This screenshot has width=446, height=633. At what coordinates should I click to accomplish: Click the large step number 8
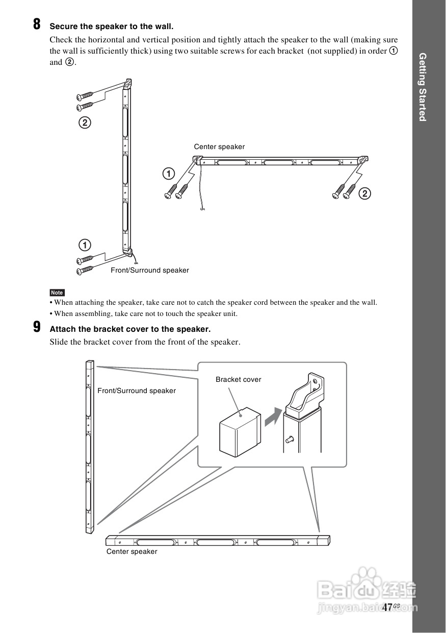click(x=37, y=25)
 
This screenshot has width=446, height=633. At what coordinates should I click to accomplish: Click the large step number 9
click(x=37, y=327)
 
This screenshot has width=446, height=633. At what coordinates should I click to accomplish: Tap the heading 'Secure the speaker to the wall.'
click(x=111, y=26)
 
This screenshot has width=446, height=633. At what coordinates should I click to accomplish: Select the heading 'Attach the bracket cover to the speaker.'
click(x=130, y=329)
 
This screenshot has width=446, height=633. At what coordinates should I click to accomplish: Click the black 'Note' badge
click(x=57, y=293)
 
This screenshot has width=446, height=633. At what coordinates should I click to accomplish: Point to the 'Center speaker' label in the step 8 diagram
click(x=219, y=147)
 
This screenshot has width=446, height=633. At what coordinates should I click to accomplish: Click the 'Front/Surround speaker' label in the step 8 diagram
click(x=150, y=271)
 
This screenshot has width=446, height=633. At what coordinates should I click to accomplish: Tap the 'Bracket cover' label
click(x=238, y=380)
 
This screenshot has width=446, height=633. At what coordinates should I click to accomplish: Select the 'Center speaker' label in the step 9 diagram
click(x=132, y=552)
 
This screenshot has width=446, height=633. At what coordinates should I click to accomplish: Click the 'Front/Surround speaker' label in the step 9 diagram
click(x=137, y=391)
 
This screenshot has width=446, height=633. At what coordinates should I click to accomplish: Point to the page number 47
click(x=387, y=607)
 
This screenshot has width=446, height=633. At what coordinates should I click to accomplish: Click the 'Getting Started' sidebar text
click(x=422, y=87)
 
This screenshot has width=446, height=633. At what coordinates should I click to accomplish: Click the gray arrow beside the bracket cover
click(x=273, y=416)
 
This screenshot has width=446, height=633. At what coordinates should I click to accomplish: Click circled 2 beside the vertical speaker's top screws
click(x=85, y=123)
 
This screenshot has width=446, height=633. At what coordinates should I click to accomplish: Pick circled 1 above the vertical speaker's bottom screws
click(x=85, y=244)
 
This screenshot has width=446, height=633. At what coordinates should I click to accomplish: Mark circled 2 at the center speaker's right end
click(x=365, y=193)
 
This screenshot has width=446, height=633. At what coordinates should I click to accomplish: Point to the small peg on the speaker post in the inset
click(x=290, y=438)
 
